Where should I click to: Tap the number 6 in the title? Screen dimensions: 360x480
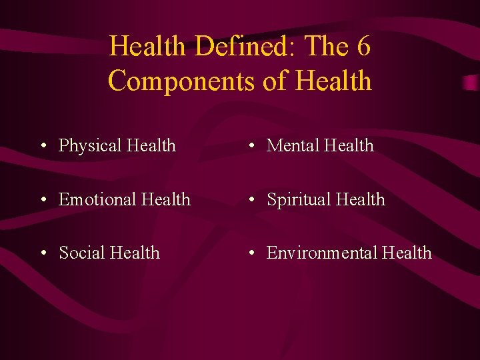click(x=363, y=47)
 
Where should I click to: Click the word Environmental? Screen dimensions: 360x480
click(x=322, y=253)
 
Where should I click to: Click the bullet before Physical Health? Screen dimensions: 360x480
click(x=42, y=146)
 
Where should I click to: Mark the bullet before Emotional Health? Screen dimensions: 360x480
click(x=42, y=200)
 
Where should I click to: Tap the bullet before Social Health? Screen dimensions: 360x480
click(x=42, y=253)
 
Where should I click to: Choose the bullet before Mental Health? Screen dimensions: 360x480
click(x=250, y=146)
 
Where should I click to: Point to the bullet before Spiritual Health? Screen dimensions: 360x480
click(x=250, y=200)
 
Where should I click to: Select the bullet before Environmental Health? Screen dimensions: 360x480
click(x=250, y=253)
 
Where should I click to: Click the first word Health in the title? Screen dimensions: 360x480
click(x=147, y=47)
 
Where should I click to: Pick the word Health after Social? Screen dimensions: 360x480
click(x=135, y=253)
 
